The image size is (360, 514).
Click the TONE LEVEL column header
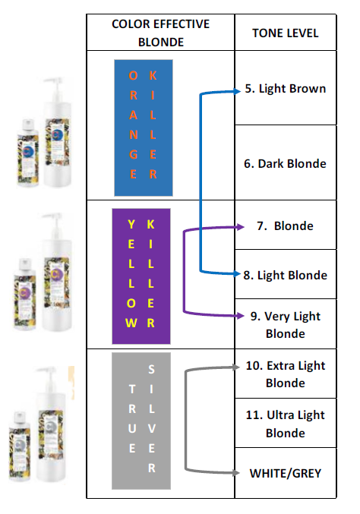286,33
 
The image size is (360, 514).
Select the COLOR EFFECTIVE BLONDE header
161,33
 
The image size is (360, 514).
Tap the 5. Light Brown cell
286,89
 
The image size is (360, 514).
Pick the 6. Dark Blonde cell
286,163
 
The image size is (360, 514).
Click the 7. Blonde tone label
286,225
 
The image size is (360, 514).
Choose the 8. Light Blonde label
286,275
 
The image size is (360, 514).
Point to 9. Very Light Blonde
286,325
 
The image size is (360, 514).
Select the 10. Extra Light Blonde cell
286,374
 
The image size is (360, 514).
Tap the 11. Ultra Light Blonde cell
286,424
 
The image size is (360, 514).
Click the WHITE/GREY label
286,473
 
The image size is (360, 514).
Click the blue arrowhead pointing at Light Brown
238,91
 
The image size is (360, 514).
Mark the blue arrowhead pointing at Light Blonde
238,274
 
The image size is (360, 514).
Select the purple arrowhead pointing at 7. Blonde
241,226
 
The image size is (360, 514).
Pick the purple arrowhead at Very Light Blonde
241,316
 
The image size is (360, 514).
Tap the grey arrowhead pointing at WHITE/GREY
236,473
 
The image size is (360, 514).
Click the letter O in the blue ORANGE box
133,76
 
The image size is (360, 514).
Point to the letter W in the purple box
131,323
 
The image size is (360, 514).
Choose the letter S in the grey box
151,370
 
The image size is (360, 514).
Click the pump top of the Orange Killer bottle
54,86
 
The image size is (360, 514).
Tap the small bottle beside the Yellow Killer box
24,294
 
